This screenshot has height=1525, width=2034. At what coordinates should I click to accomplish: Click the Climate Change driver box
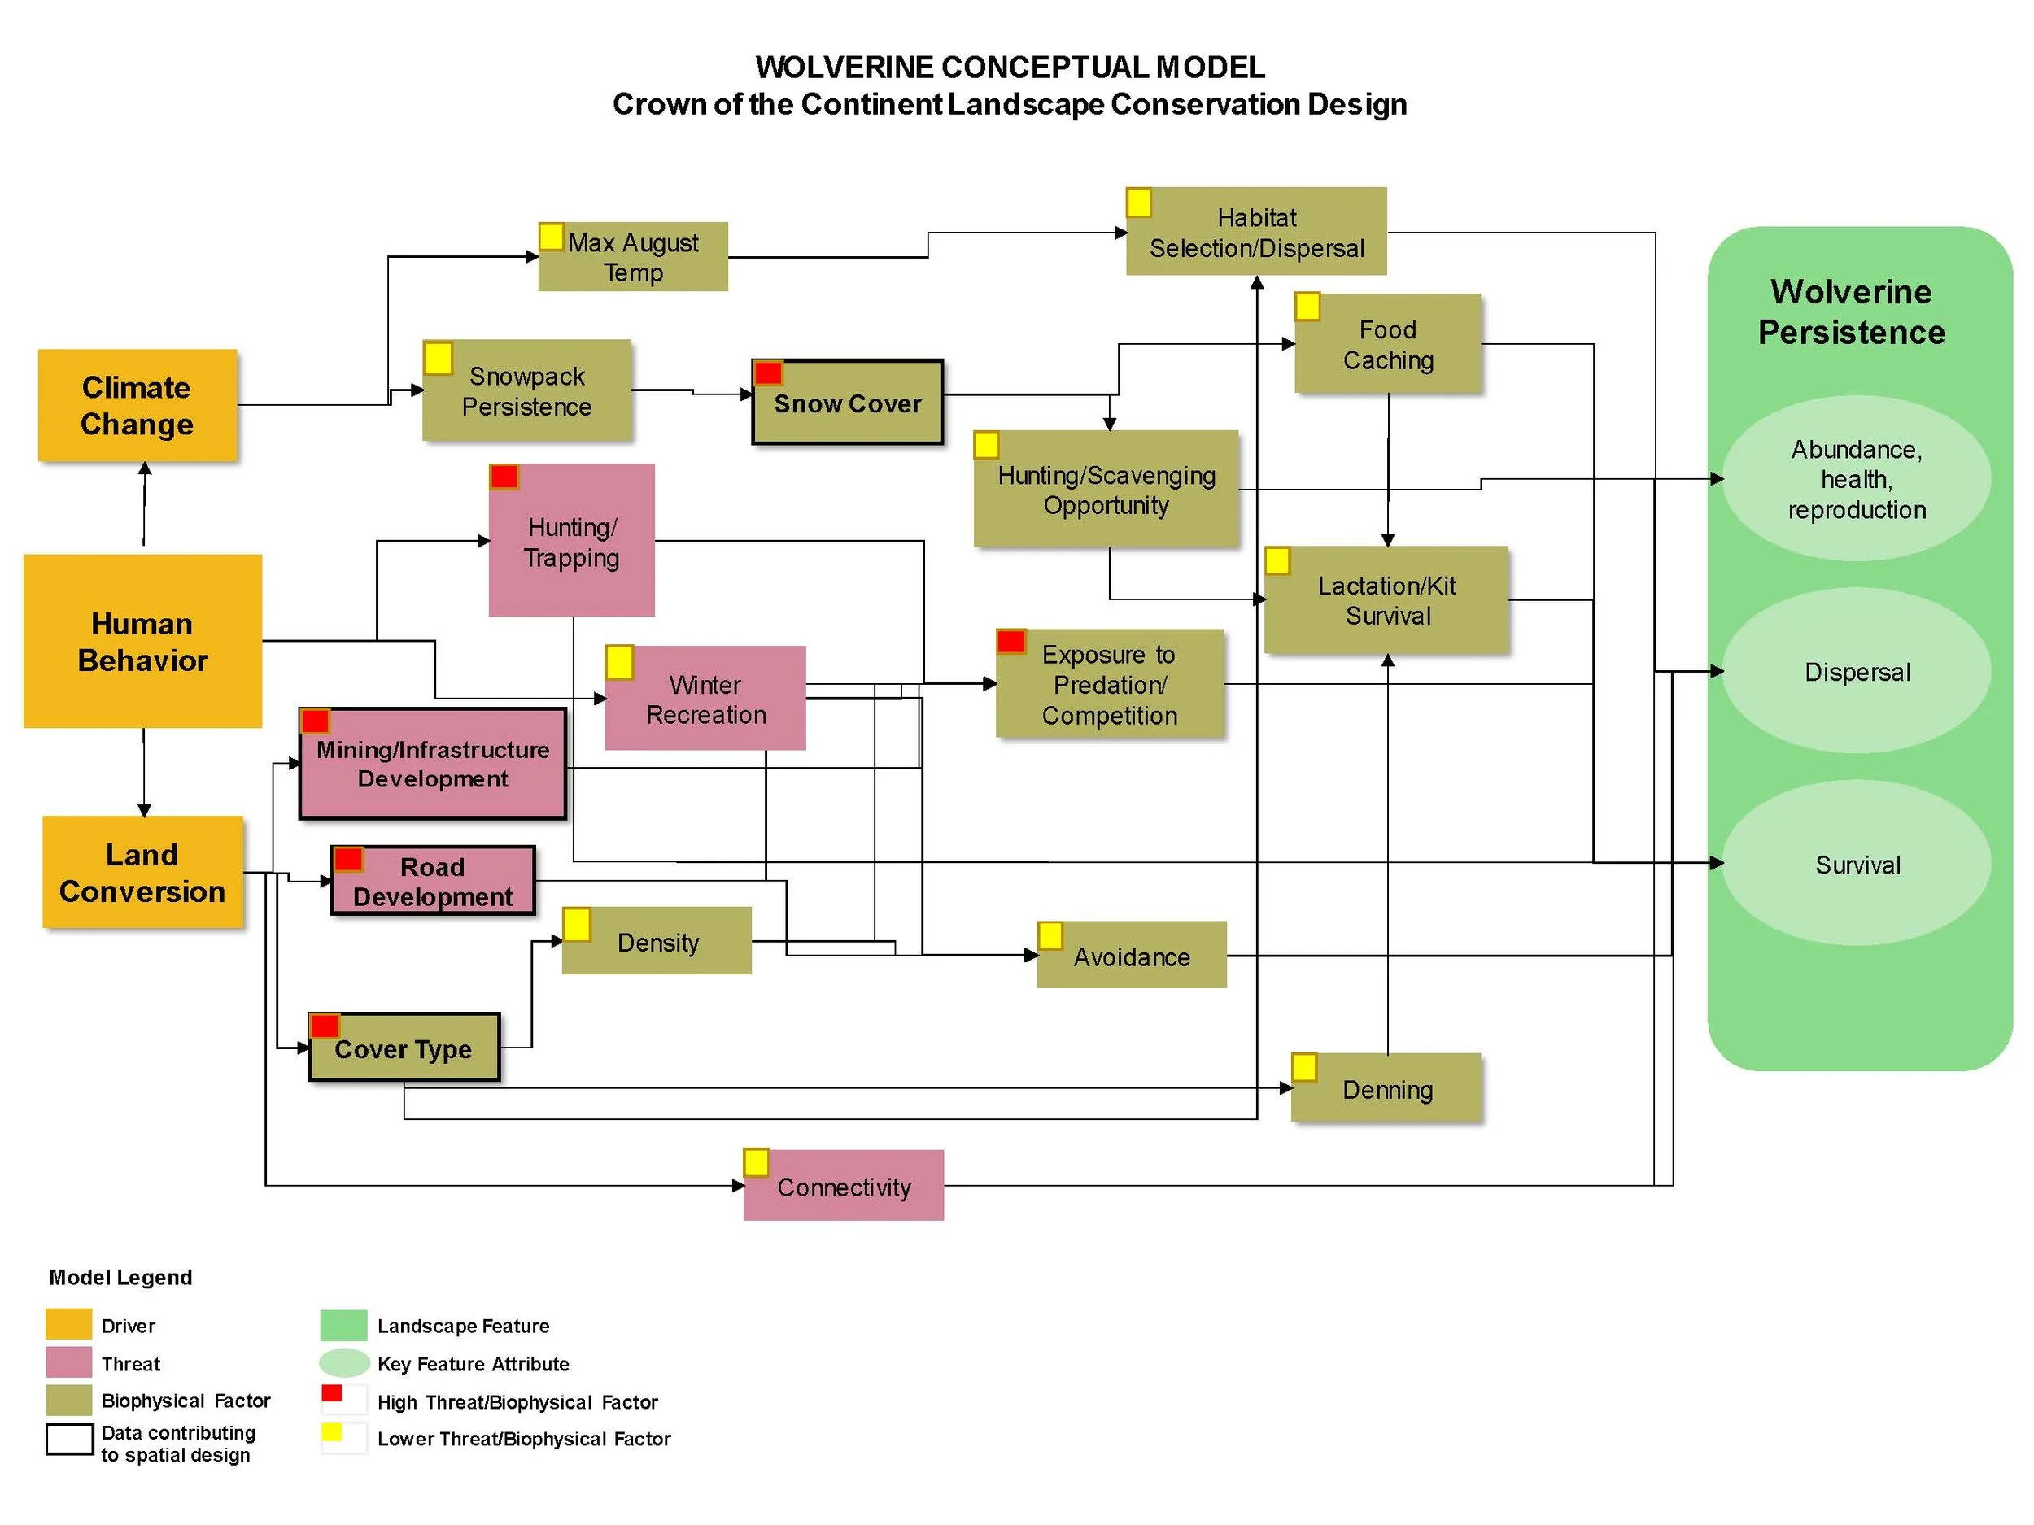pyautogui.click(x=137, y=405)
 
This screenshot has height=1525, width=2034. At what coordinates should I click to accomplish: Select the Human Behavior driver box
pyautogui.click(x=142, y=642)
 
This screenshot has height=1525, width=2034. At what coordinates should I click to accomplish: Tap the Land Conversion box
pyautogui.click(x=142, y=873)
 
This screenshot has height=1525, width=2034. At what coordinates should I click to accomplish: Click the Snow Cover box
pyautogui.click(x=848, y=403)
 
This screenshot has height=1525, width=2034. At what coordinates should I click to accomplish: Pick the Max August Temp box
pyautogui.click(x=634, y=257)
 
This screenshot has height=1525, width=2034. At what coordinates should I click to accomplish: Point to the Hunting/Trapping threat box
pyautogui.click(x=572, y=542)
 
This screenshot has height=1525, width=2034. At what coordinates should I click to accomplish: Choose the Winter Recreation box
pyautogui.click(x=705, y=699)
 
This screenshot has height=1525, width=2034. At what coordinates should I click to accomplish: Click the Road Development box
pyautogui.click(x=433, y=882)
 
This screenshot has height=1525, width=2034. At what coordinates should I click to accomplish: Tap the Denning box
pyautogui.click(x=1387, y=1089)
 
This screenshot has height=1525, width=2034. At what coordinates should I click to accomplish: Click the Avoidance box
pyautogui.click(x=1132, y=956)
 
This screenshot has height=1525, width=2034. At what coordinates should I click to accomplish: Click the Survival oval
pyautogui.click(x=1857, y=864)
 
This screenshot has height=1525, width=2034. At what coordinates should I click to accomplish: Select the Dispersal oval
pyautogui.click(x=1857, y=672)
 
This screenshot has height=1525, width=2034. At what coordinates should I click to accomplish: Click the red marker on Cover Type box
pyautogui.click(x=325, y=1026)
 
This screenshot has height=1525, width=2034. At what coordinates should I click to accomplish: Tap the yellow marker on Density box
pyautogui.click(x=578, y=925)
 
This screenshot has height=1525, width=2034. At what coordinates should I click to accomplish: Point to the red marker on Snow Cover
pyautogui.click(x=768, y=373)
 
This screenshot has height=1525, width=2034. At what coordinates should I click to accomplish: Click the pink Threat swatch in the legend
pyautogui.click(x=69, y=1362)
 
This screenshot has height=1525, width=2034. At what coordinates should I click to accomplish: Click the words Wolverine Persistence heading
pyautogui.click(x=1851, y=312)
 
